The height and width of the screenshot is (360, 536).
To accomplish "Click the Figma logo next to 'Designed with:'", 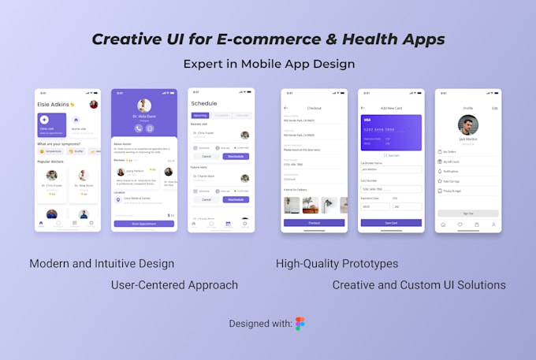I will click(300, 324).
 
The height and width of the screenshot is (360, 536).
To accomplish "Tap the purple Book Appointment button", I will click(143, 224).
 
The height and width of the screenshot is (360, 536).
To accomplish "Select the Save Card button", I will click(391, 223).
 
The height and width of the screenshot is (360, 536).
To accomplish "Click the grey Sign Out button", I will click(468, 213).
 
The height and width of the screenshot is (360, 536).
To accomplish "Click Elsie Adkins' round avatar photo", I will click(94, 105).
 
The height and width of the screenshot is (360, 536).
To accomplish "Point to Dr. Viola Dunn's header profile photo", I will click(143, 106).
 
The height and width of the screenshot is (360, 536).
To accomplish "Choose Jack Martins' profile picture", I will click(468, 125).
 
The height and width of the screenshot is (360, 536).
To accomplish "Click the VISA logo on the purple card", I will click(367, 120).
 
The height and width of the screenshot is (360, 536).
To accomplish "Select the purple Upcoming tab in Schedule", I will click(200, 115).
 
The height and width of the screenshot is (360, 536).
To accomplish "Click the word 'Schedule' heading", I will click(203, 103).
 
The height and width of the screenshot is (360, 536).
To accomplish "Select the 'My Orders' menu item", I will click(450, 151).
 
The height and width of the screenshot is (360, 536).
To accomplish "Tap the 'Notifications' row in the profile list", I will click(452, 170).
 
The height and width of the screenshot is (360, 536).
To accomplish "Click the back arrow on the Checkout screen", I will click(285, 108).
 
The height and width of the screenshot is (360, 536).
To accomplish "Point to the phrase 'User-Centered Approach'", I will click(174, 284).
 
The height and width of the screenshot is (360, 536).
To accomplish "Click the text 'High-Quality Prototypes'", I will click(337, 263).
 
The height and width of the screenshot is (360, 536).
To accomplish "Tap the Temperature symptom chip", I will click(53, 151).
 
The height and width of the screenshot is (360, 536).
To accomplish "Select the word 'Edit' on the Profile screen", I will click(494, 108).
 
